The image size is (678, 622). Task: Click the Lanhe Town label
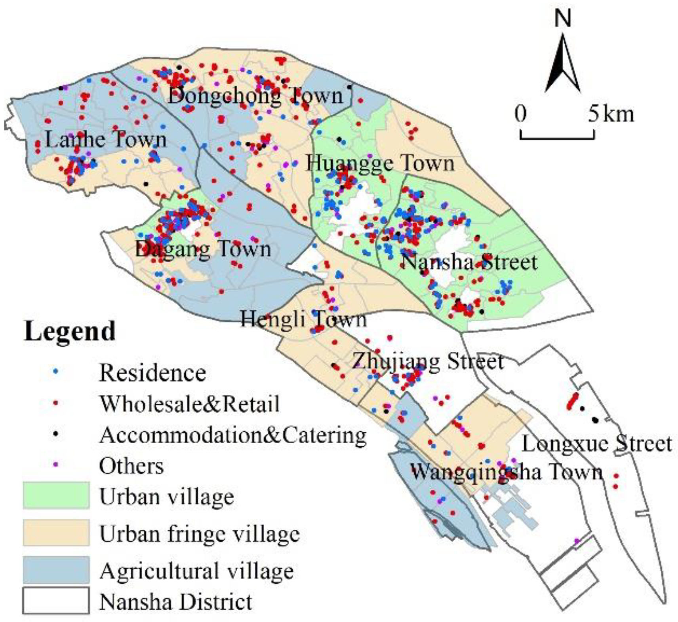click(x=106, y=139)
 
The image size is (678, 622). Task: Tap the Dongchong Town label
click(x=255, y=95)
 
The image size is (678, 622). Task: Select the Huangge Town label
click(x=380, y=163)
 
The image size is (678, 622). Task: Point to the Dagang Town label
click(x=203, y=249)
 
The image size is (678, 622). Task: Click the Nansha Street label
click(x=469, y=262)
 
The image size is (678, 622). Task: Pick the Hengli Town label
click(x=303, y=319)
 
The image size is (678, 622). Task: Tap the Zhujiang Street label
click(x=428, y=361)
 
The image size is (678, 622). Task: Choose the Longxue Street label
click(x=597, y=444)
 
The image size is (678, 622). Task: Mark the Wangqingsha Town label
click(x=506, y=472)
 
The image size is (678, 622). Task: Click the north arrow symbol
click(x=562, y=65)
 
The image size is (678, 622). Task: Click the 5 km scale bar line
click(x=557, y=138)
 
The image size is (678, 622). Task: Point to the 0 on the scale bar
click(x=521, y=114)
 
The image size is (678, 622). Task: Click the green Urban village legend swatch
click(x=56, y=495)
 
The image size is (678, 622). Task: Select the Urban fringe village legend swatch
click(x=56, y=533)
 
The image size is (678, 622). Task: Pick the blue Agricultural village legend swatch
click(x=56, y=570)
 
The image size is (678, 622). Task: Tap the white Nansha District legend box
click(x=56, y=600)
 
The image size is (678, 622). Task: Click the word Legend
click(x=70, y=331)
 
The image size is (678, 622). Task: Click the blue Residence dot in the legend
click(x=56, y=372)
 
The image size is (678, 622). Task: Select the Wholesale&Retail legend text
click(x=189, y=404)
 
